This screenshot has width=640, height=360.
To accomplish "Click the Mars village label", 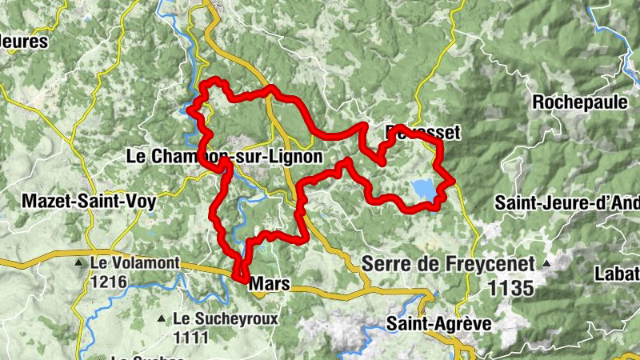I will [x=269, y=284].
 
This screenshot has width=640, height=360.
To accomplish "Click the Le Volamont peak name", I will [x=130, y=262].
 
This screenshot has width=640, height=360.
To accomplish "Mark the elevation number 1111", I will [x=192, y=338].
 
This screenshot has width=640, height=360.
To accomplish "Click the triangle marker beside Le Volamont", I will [x=78, y=262].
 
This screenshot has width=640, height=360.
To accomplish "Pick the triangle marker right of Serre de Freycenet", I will [x=548, y=262].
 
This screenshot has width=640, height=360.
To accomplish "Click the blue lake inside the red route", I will [x=423, y=189].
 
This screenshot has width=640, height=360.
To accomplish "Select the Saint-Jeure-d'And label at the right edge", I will [x=566, y=202].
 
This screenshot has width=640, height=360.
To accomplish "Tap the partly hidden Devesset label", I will [x=423, y=133].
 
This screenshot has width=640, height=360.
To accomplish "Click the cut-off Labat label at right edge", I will [x=616, y=274].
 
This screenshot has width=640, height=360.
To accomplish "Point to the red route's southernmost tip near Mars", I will [x=239, y=278].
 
